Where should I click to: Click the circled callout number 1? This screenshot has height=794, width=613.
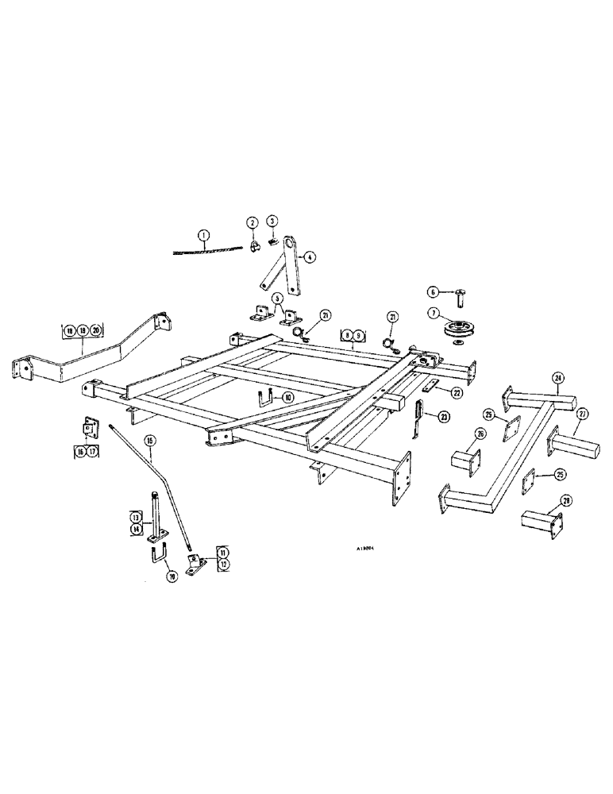coord(204,235)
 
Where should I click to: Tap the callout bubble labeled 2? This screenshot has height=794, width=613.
coord(252,223)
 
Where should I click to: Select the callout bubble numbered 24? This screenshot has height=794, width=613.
coord(559,378)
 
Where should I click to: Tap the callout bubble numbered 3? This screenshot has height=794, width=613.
coord(272,221)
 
